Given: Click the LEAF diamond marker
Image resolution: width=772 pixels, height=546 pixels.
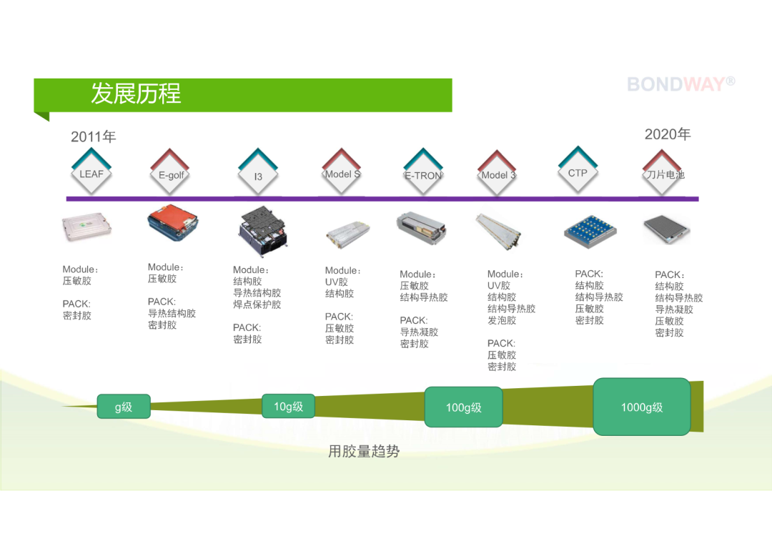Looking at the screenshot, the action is pyautogui.click(x=91, y=172).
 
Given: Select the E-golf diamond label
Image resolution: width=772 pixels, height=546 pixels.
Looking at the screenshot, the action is pyautogui.click(x=170, y=172).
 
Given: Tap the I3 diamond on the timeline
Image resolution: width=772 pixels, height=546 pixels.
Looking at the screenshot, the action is pyautogui.click(x=258, y=172).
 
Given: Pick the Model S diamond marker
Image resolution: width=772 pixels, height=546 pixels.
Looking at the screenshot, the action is pyautogui.click(x=342, y=172).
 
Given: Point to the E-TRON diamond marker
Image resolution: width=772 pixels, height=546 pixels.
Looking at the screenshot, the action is pyautogui.click(x=423, y=172).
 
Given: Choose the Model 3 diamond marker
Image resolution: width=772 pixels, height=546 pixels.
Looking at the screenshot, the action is pyautogui.click(x=498, y=173).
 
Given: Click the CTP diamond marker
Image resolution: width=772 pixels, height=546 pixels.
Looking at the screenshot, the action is pyautogui.click(x=578, y=170).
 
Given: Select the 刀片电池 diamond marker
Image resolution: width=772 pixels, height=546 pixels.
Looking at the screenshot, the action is pyautogui.click(x=663, y=173).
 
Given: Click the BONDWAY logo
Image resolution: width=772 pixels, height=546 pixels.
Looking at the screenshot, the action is pyautogui.click(x=681, y=84).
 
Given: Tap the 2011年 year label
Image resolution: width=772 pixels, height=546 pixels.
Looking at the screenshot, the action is pyautogui.click(x=93, y=136).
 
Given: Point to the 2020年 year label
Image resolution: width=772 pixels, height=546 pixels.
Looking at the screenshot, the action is pyautogui.click(x=668, y=134).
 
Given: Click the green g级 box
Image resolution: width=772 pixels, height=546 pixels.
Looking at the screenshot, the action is pyautogui.click(x=124, y=407).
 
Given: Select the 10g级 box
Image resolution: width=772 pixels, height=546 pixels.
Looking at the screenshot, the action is pyautogui.click(x=289, y=406).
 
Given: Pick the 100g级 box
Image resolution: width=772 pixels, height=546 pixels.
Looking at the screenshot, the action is pyautogui.click(x=463, y=407).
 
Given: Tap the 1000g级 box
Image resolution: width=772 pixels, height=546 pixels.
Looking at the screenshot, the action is pyautogui.click(x=641, y=407).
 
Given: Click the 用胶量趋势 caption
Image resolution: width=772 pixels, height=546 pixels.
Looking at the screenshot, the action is pyautogui.click(x=364, y=451).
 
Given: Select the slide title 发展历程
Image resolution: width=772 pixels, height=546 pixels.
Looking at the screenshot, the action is pyautogui.click(x=136, y=94).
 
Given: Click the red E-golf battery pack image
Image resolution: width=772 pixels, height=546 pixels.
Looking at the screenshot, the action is pyautogui.click(x=172, y=223).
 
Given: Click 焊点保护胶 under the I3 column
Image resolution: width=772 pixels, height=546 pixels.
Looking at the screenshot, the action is pyautogui.click(x=257, y=304).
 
